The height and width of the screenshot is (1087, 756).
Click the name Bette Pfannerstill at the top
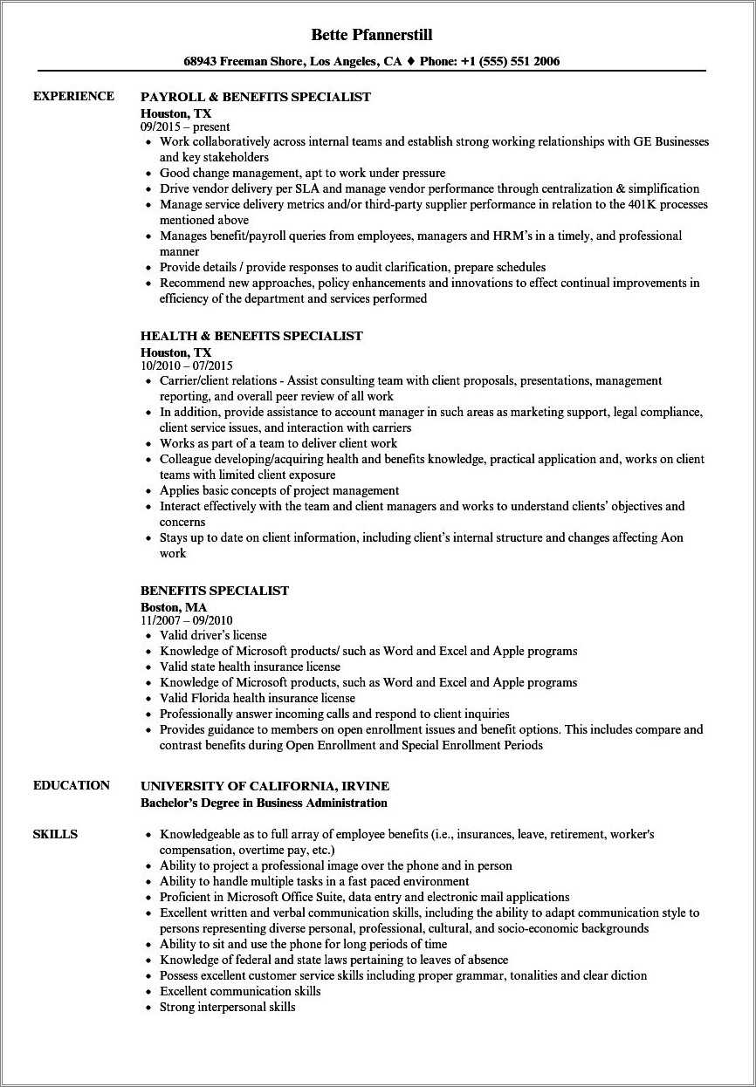pos(372,35)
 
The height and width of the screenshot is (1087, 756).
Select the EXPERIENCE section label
pos(73,96)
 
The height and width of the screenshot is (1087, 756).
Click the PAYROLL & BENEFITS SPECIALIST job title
pos(256,97)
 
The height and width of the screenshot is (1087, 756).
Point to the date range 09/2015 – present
pos(185,126)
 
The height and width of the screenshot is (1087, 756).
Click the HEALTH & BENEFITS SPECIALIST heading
pos(251,336)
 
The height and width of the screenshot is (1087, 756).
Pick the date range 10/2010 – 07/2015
pos(187,366)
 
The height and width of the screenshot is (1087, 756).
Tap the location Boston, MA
pos(174,607)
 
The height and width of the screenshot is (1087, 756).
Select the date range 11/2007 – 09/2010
pos(187,620)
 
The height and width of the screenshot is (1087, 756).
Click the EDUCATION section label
pos(72,785)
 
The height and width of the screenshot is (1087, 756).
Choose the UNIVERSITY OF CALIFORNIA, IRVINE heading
pos(265,786)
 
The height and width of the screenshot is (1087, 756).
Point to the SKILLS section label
pos(55,834)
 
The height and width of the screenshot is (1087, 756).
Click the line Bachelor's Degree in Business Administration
pos(264,803)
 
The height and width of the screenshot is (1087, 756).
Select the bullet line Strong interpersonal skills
pos(228,1007)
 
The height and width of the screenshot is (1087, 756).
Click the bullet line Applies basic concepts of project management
pos(279,490)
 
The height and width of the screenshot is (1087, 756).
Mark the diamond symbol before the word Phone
pos(410,62)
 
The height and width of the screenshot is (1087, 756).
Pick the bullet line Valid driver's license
pos(213,635)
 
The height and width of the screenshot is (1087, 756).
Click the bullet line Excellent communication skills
pos(240,991)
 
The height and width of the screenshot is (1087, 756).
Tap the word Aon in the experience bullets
pos(672,537)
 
